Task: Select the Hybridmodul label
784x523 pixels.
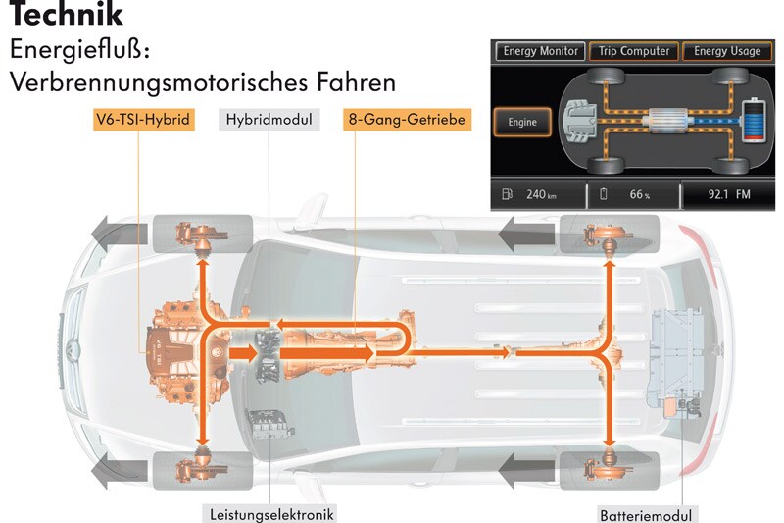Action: tap(269, 120)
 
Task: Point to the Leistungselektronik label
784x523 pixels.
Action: tap(271, 512)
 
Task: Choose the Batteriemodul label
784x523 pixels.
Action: tap(648, 513)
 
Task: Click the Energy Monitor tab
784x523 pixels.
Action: tap(540, 51)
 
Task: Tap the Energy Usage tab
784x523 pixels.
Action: tap(726, 51)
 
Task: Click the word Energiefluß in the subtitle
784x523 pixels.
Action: tap(78, 49)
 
